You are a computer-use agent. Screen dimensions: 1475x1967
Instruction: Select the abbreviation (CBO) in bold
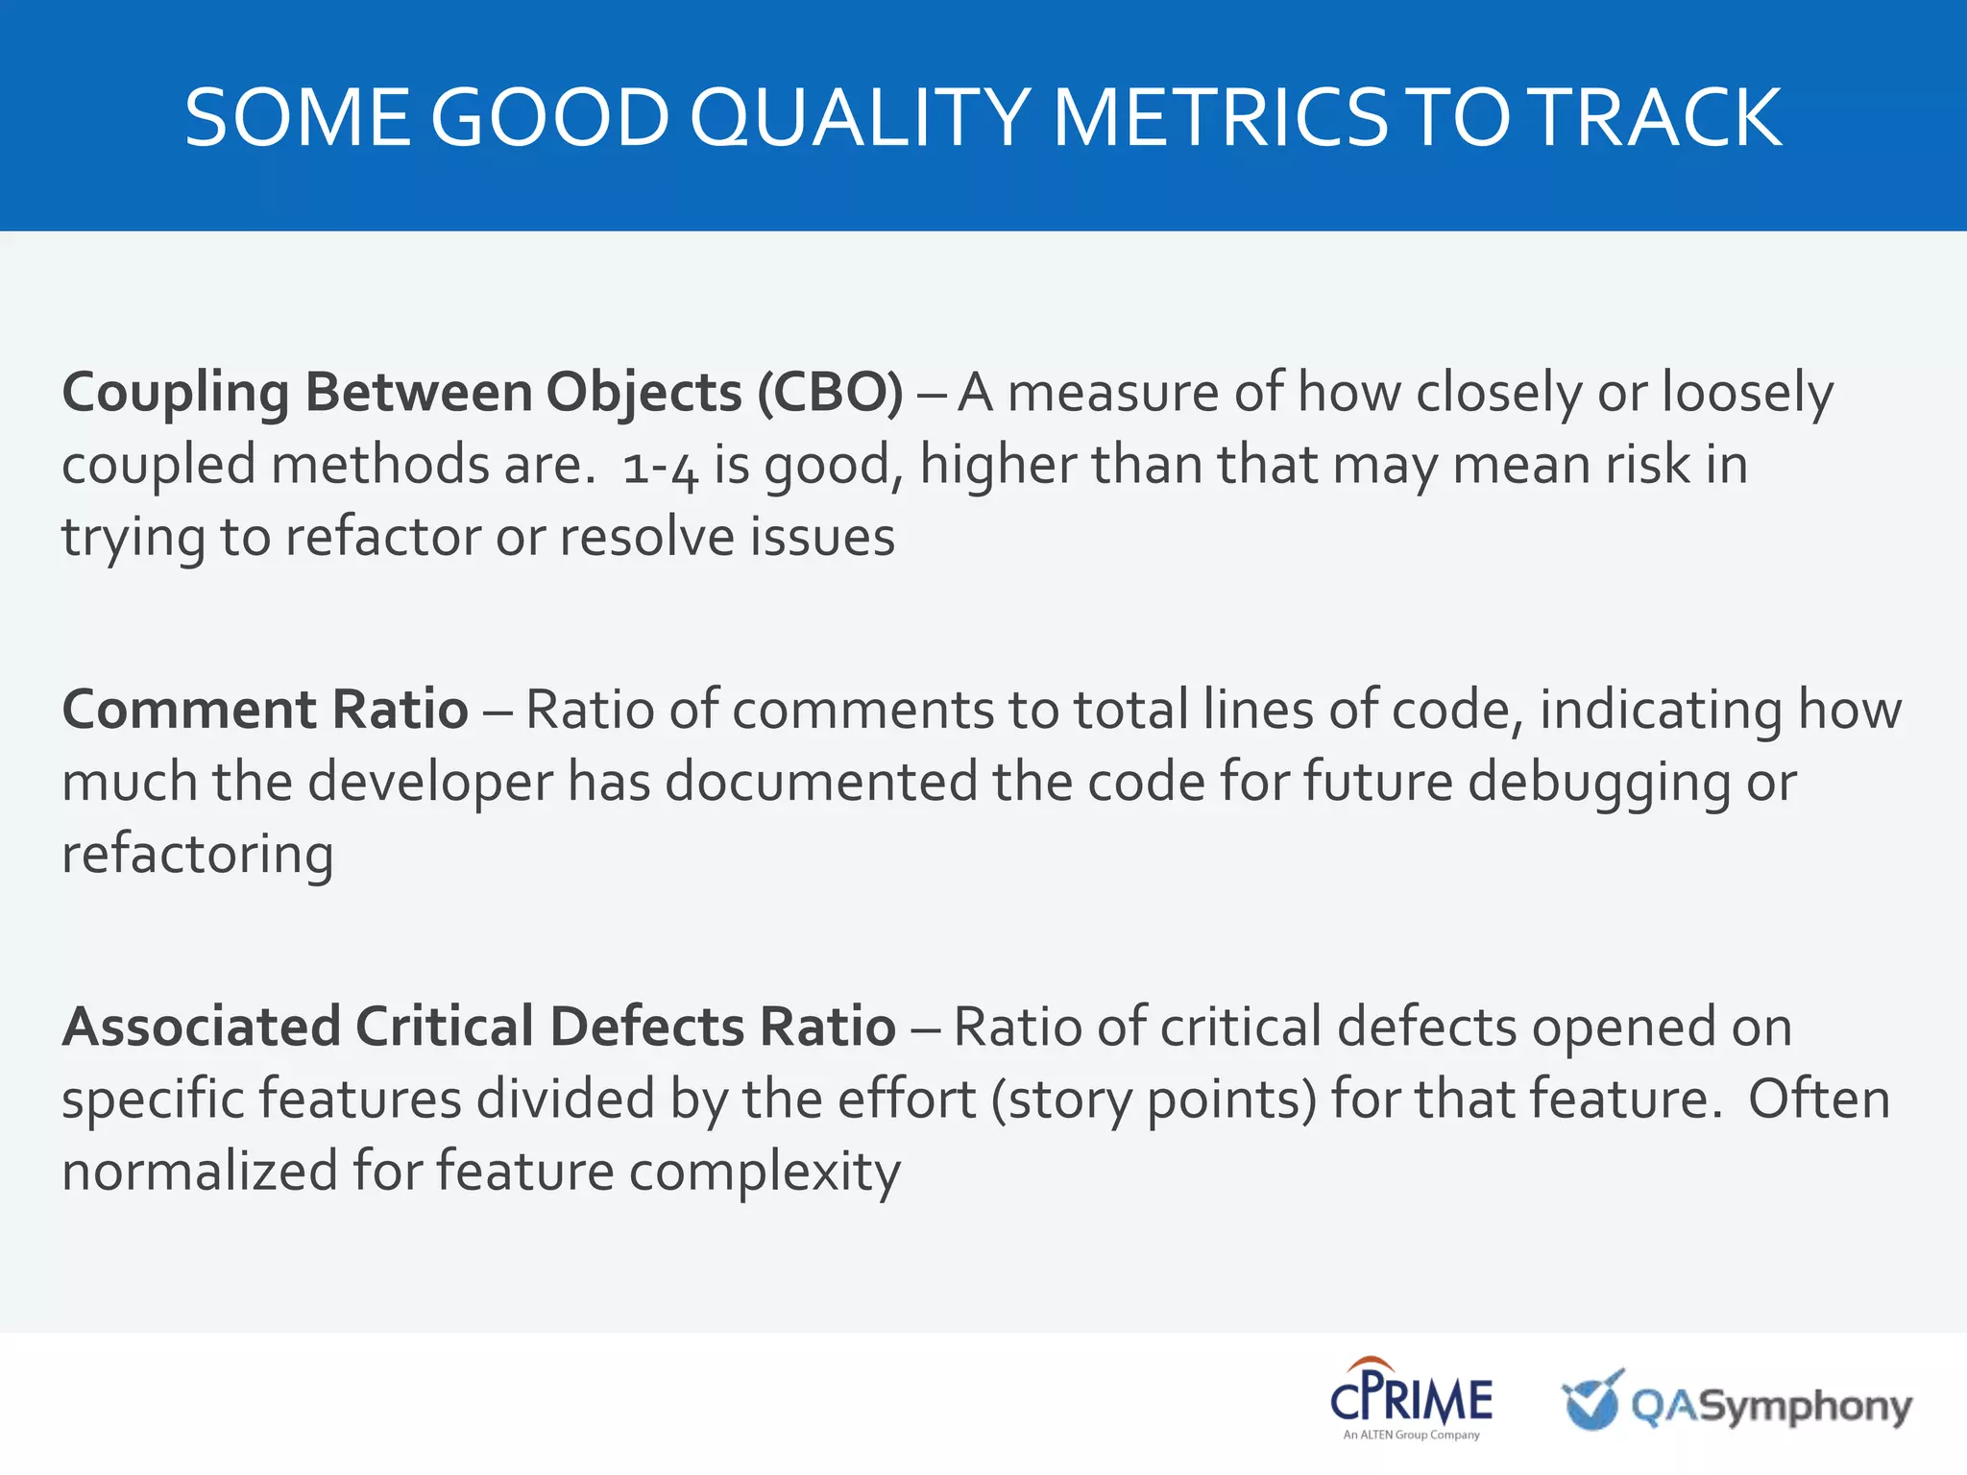tap(830, 393)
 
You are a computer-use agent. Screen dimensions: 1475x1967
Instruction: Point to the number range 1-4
tap(660, 467)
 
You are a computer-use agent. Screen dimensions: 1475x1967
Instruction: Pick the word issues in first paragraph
tap(822, 537)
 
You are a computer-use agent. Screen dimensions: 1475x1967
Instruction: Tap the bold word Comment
tap(188, 710)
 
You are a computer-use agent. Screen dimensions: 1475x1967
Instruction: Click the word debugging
tap(1598, 783)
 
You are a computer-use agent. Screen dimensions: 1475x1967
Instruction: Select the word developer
tap(430, 783)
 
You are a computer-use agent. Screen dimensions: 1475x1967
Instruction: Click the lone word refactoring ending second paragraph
tap(198, 855)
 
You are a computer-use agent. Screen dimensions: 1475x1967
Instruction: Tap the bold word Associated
tap(201, 1027)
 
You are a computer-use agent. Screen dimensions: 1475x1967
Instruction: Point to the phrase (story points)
tap(1153, 1100)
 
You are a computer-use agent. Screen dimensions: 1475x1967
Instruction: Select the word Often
tap(1818, 1099)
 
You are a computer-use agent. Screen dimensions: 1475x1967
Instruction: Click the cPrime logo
tap(1410, 1394)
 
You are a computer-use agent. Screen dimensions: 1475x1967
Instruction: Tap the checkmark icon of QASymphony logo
tap(1591, 1400)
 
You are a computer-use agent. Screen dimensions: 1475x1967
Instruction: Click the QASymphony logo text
tap(1771, 1407)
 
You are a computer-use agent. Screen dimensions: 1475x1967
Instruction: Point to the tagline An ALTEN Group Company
tap(1410, 1436)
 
